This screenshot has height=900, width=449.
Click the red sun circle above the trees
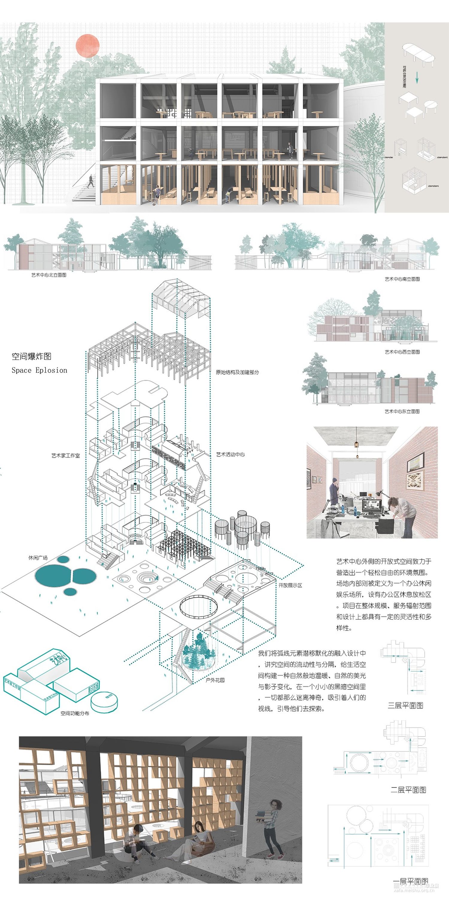pos(88,46)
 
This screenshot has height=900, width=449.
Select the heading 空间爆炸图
pos(31,356)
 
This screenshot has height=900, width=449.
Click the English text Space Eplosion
pos(39,370)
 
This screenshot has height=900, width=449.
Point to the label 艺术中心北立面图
pos(49,275)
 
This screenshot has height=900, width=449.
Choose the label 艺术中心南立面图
pos(402,279)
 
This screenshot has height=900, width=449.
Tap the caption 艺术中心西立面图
pos(402,352)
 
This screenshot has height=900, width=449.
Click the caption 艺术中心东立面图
pos(402,411)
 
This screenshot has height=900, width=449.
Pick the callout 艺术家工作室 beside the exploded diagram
pos(66,456)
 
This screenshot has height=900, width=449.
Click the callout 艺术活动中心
pos(230,455)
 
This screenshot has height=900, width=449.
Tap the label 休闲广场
pos(38,558)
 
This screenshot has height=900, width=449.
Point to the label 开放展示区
pos(290,585)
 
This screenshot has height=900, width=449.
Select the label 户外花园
pos(215,680)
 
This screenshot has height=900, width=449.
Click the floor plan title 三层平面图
pos(406,705)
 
